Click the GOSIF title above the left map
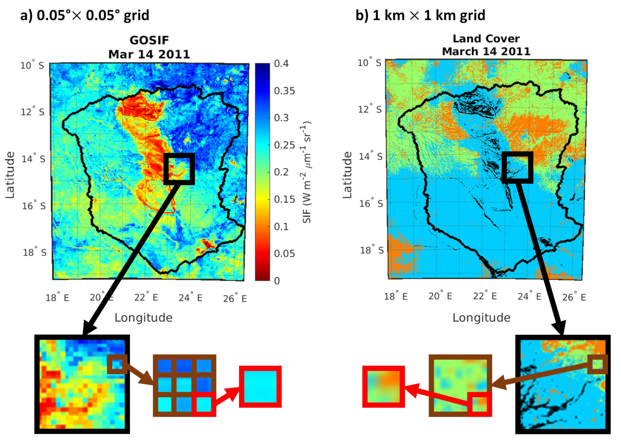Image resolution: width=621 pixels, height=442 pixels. point(149,40)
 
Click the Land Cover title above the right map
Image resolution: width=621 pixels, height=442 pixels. point(486,39)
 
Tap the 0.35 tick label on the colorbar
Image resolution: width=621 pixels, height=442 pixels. point(285,91)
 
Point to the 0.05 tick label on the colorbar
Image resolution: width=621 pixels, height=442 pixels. point(285,253)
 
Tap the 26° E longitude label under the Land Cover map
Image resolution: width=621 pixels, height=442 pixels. point(574,297)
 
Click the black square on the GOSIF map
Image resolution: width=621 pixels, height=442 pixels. point(179,169)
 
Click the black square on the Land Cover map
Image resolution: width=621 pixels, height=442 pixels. point(517,167)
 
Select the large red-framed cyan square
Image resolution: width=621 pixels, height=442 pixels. point(260,387)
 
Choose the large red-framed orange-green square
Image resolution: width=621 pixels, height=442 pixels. point(383,387)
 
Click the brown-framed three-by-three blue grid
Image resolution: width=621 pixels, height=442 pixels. point(184,386)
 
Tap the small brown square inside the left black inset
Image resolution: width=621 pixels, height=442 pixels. point(117,364)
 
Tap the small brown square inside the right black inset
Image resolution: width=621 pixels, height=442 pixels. point(597,364)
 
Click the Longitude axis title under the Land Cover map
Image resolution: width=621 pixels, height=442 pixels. point(481,318)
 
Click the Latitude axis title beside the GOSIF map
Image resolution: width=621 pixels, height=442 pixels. point(10,175)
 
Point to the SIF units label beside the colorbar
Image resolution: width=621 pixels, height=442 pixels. point(307,172)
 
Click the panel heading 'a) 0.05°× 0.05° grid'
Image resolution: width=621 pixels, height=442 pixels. point(85,16)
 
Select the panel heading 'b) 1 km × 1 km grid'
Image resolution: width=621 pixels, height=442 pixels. point(420,16)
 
